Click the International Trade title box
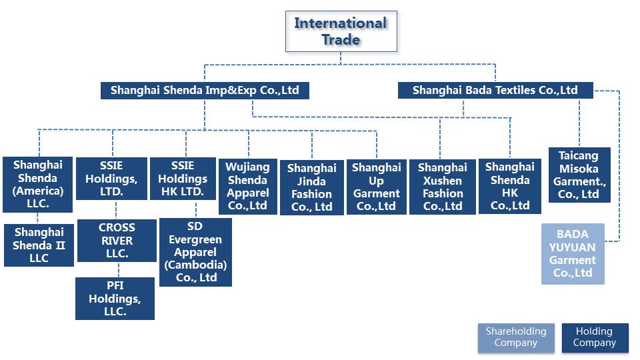pyautogui.click(x=341, y=31)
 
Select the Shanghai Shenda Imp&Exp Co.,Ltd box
pyautogui.click(x=205, y=90)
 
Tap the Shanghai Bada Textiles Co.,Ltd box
pyautogui.click(x=495, y=90)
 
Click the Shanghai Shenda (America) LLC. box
pyautogui.click(x=38, y=185)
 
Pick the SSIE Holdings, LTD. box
pyautogui.click(x=112, y=179)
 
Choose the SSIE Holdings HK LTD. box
pyautogui.click(x=183, y=179)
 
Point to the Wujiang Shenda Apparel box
pyautogui.click(x=248, y=186)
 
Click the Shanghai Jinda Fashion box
pyautogui.click(x=311, y=187)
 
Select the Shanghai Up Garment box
pyautogui.click(x=377, y=187)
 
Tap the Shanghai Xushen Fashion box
pyautogui.click(x=442, y=187)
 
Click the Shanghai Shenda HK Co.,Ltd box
pyautogui.click(x=510, y=186)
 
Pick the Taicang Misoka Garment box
pyautogui.click(x=579, y=175)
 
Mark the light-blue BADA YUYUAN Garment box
pyautogui.click(x=573, y=254)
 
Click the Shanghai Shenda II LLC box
pyautogui.click(x=39, y=245)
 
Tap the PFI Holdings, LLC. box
pyautogui.click(x=115, y=299)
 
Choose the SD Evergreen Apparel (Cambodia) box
pyautogui.click(x=195, y=253)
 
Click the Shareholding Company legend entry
pyautogui.click(x=515, y=337)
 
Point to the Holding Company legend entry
pyautogui.click(x=594, y=337)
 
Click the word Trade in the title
pyautogui.click(x=341, y=39)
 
